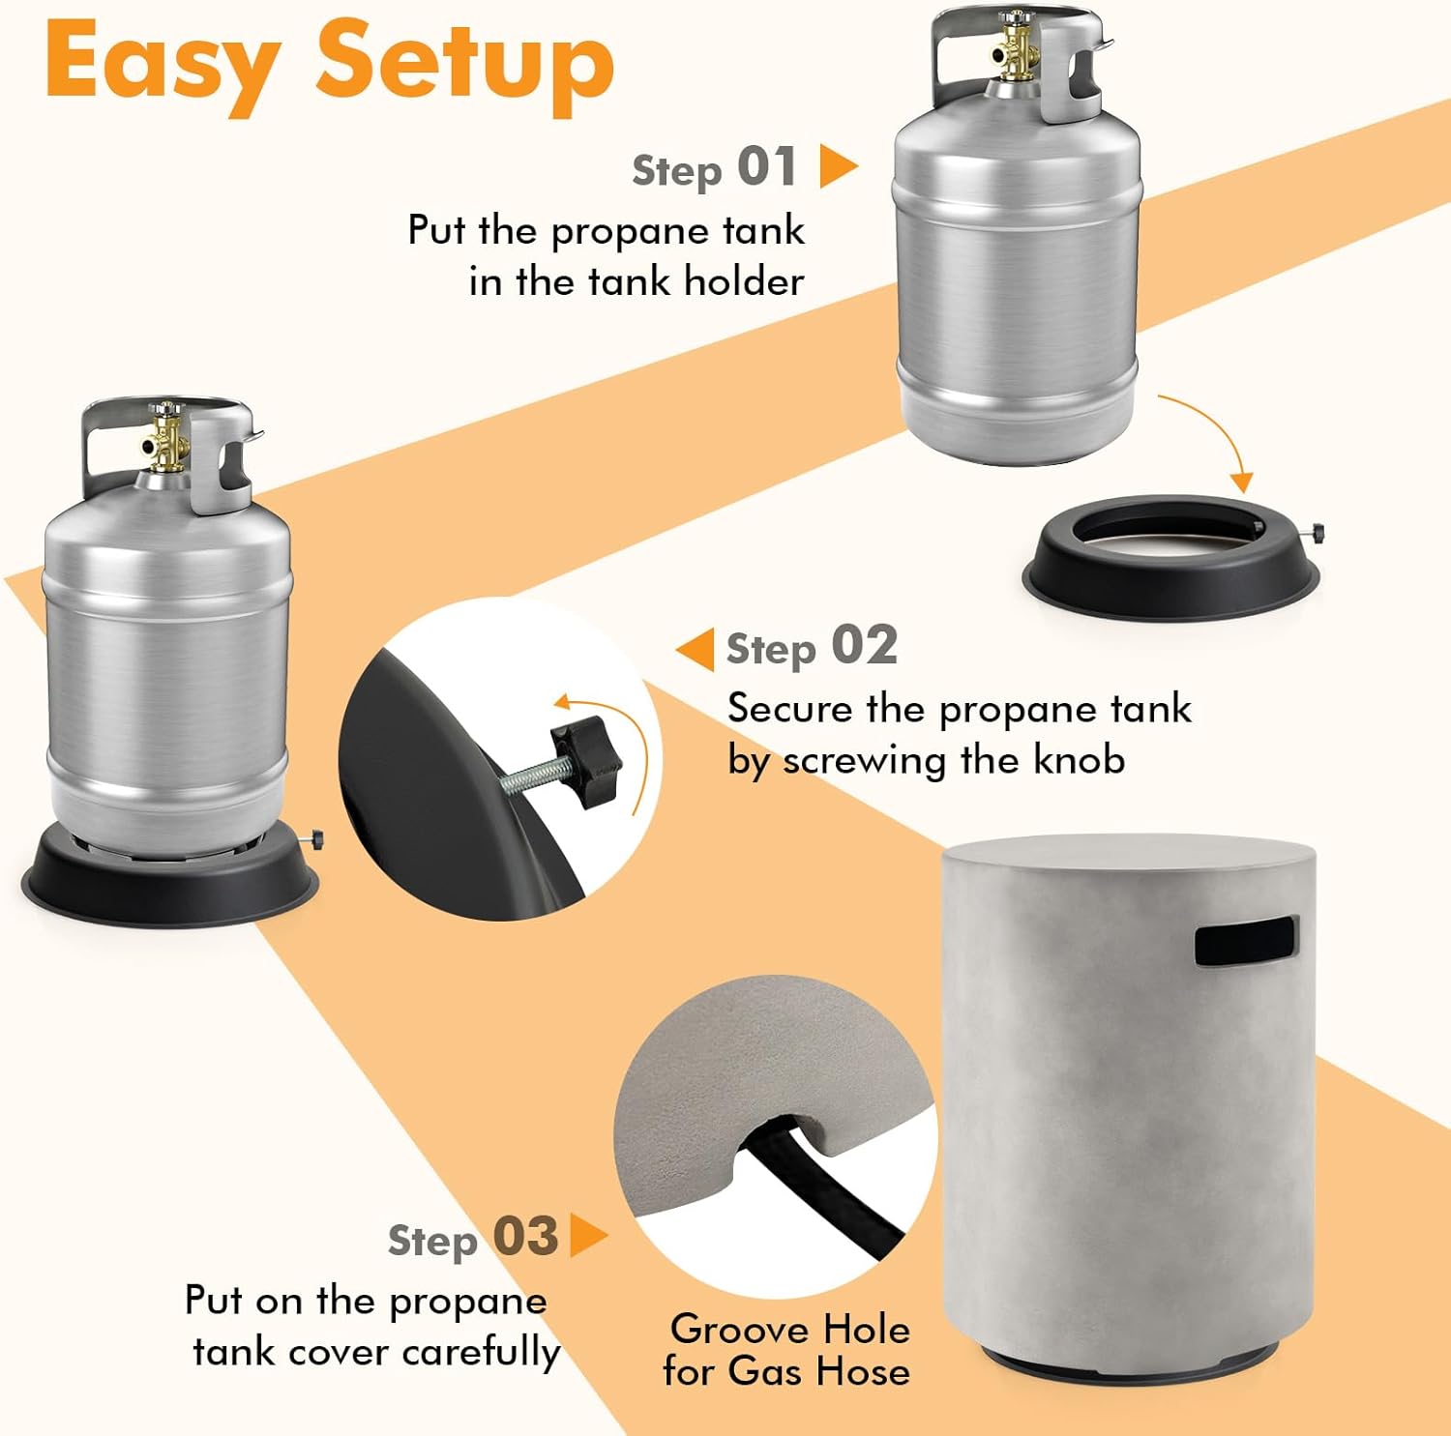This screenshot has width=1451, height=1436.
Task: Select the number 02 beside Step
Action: pyautogui.click(x=865, y=645)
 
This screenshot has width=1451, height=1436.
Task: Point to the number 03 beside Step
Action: pyautogui.click(x=526, y=1236)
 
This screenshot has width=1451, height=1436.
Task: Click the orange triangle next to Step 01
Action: pyautogui.click(x=838, y=166)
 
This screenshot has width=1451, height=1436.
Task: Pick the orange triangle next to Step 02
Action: pyautogui.click(x=696, y=650)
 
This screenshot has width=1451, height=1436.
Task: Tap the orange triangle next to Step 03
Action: pyautogui.click(x=588, y=1235)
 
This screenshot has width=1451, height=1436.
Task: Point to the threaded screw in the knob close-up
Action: pyautogui.click(x=529, y=777)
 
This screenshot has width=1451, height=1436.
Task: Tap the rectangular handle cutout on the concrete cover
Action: pyautogui.click(x=1245, y=940)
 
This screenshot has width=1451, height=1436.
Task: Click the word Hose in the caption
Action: pyautogui.click(x=862, y=1371)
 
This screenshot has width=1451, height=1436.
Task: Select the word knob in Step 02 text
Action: pyautogui.click(x=1079, y=759)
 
